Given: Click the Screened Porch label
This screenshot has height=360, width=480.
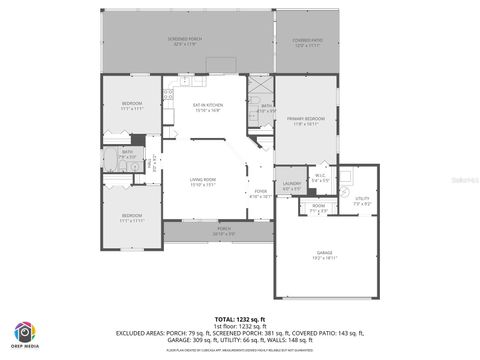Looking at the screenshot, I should (x=188, y=41).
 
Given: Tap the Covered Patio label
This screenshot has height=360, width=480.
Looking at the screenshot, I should (x=308, y=41).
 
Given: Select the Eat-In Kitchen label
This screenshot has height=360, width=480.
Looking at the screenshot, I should (x=207, y=106).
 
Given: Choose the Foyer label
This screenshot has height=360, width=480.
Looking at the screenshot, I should (x=260, y=193).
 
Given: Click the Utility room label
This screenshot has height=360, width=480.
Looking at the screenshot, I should (x=362, y=201).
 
